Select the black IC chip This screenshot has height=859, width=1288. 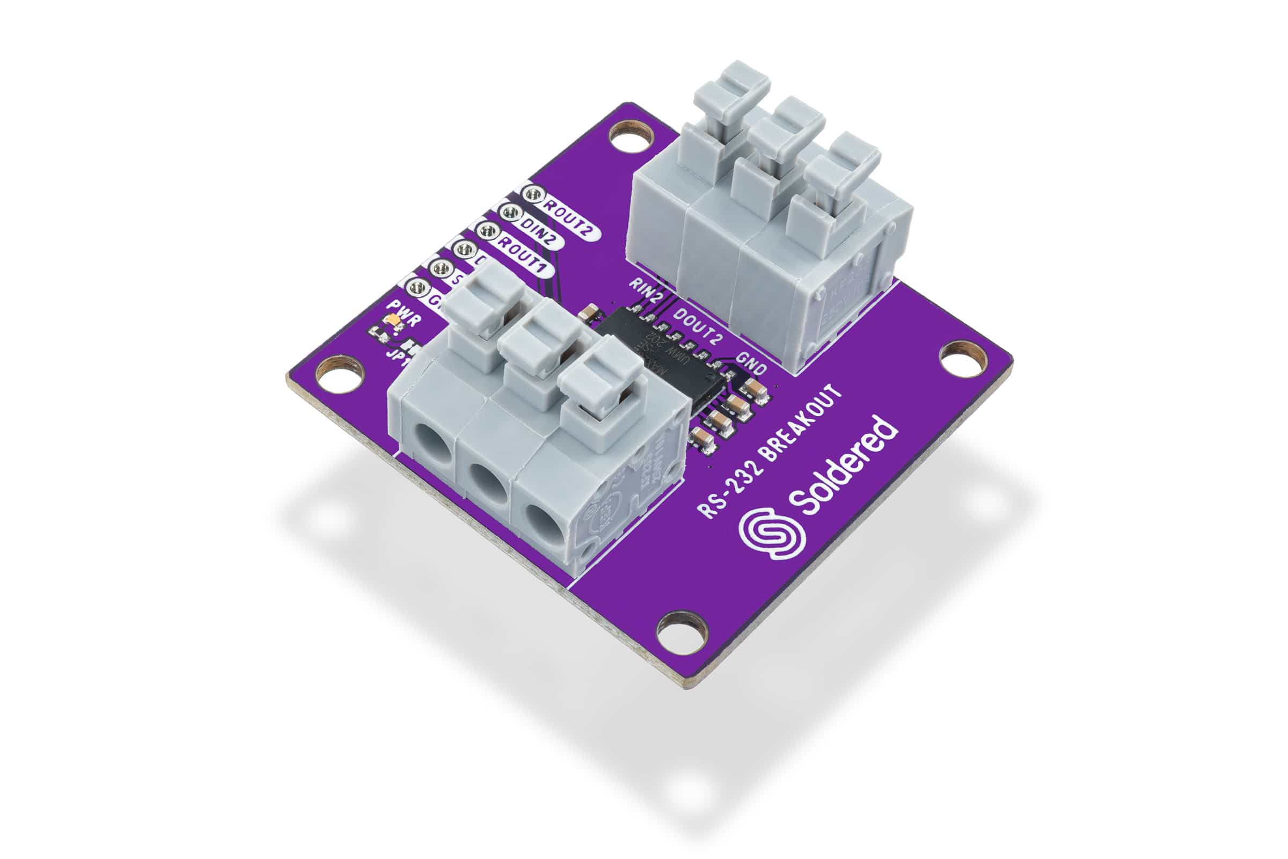657,356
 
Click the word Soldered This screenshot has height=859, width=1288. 843,465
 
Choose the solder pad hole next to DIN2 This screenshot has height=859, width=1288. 510,212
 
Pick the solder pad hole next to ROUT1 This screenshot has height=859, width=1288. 486,231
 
